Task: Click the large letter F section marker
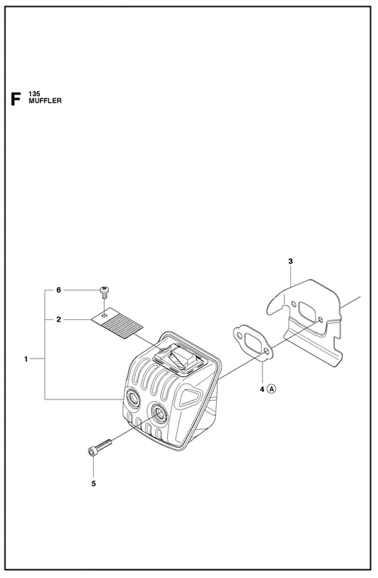click(x=15, y=99)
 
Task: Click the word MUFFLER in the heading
click(x=45, y=101)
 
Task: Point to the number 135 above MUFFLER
click(x=34, y=95)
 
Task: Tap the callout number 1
click(x=26, y=359)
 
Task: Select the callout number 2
click(x=58, y=319)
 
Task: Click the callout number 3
click(x=290, y=261)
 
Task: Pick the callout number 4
click(x=262, y=389)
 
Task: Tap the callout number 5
click(x=93, y=483)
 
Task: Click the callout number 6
click(x=58, y=290)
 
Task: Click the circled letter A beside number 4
click(x=271, y=389)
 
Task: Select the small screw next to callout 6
click(x=104, y=291)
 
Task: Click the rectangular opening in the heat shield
click(x=308, y=310)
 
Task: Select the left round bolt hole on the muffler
click(x=132, y=399)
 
